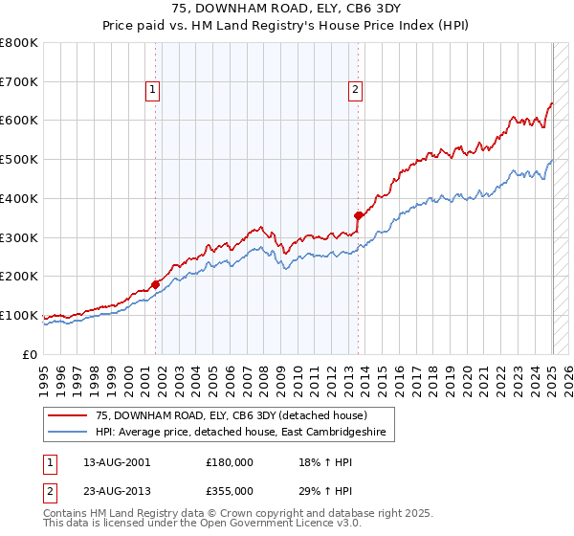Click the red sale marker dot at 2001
155,284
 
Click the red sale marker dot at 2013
358,215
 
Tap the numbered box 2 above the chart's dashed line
355,91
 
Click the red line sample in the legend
68,414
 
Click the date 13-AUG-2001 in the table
116,462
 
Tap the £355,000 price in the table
230,489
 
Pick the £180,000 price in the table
230,462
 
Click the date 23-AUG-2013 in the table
116,489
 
